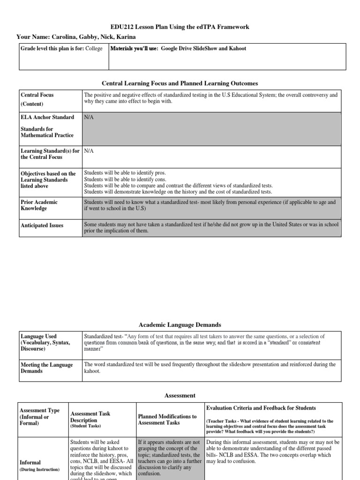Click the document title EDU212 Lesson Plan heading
coord(180,27)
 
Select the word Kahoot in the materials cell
coord(237,49)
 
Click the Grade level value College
coord(94,49)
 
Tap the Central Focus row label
coord(37,95)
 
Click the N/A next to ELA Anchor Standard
coord(89,117)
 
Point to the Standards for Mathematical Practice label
coord(47,132)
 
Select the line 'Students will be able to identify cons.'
coord(125,179)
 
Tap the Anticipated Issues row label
coord(42,225)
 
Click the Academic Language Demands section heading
coord(180,324)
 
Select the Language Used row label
coord(38,337)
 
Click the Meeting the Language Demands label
coord(47,368)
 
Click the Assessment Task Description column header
coord(90,417)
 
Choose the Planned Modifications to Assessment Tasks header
coord(167,420)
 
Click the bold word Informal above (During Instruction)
coord(30,463)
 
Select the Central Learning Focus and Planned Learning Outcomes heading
coord(180,83)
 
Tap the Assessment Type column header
coord(40,417)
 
